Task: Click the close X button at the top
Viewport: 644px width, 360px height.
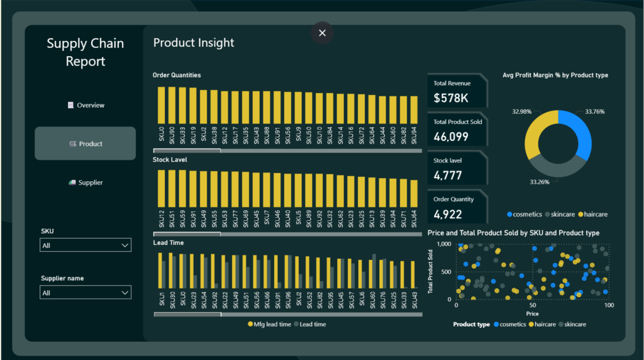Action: click(x=322, y=33)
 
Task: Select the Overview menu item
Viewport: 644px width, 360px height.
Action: click(x=86, y=105)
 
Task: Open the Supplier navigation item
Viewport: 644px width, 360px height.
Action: click(x=86, y=183)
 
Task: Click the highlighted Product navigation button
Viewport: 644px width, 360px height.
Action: click(x=85, y=143)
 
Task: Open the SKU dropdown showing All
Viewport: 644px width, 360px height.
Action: click(x=86, y=245)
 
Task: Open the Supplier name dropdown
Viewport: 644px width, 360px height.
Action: click(x=86, y=293)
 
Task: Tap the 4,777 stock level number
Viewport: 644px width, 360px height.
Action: click(x=448, y=176)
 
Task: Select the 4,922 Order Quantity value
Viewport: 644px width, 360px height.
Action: click(x=448, y=214)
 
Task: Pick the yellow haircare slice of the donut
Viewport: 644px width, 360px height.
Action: click(x=538, y=131)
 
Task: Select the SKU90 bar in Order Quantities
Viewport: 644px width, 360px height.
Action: click(x=172, y=105)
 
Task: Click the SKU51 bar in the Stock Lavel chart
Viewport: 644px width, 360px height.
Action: click(x=172, y=189)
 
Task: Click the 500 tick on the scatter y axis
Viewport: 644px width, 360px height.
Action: click(x=446, y=272)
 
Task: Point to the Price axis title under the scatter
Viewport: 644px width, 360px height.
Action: click(x=532, y=313)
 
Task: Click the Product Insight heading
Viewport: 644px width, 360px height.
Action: click(x=194, y=43)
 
